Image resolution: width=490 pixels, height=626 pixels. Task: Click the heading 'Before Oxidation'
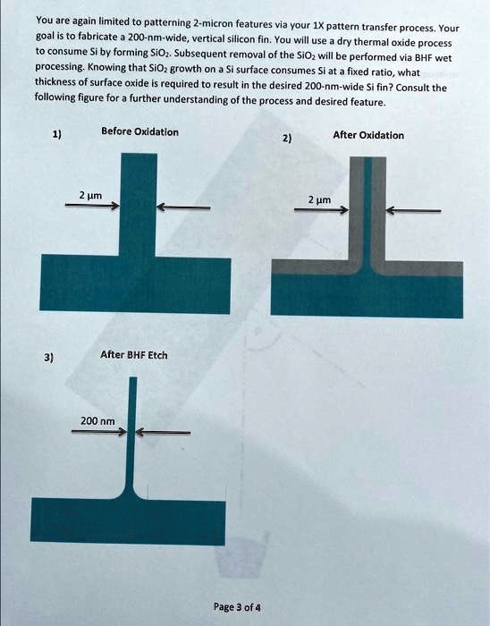point(139,131)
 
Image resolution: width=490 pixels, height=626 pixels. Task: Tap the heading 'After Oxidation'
point(367,135)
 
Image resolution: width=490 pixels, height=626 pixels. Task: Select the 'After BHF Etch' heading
point(134,355)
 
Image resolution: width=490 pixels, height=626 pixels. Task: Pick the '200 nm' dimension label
point(97,420)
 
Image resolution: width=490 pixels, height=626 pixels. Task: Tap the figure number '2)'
point(286,140)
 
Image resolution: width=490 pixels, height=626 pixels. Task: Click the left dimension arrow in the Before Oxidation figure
point(92,206)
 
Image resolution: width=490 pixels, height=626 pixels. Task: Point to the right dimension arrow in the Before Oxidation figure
point(182,207)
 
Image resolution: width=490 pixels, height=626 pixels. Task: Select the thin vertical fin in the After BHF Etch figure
point(132,420)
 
